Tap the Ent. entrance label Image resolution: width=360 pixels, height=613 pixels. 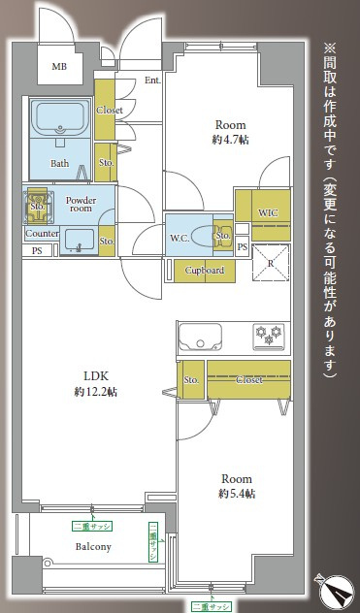pyautogui.click(x=152, y=81)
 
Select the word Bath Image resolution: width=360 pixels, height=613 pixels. pyautogui.click(x=59, y=163)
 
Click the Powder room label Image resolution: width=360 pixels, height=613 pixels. pyautogui.click(x=79, y=205)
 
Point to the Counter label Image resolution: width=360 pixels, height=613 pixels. pyautogui.click(x=42, y=234)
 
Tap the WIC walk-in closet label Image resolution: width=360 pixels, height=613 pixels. pyautogui.click(x=268, y=211)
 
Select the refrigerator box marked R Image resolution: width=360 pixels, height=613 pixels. pyautogui.click(x=271, y=263)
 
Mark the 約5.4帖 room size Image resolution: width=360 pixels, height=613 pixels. pyautogui.click(x=237, y=494)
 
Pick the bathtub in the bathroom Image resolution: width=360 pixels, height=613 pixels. pyautogui.click(x=60, y=122)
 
